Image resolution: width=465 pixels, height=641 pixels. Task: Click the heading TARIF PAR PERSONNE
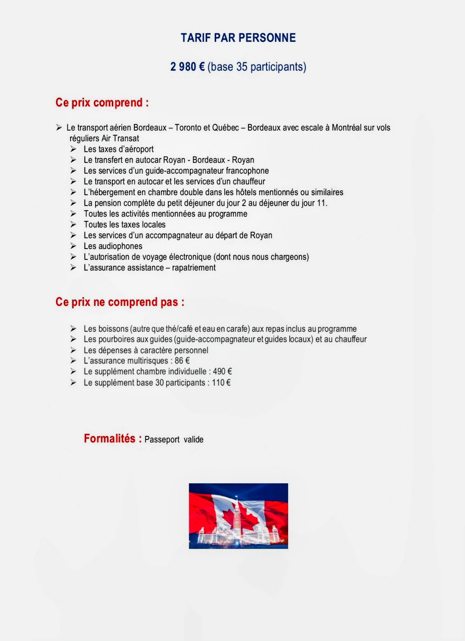(x=238, y=38)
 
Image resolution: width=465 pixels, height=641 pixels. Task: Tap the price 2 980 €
(x=187, y=67)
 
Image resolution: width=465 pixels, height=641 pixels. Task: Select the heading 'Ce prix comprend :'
(x=102, y=103)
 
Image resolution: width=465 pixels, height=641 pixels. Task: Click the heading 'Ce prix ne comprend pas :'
(x=120, y=302)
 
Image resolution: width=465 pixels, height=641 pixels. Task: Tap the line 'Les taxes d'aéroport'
(x=118, y=149)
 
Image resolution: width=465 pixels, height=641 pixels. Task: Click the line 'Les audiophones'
(x=113, y=246)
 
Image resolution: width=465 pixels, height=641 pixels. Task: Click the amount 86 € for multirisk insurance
(x=182, y=361)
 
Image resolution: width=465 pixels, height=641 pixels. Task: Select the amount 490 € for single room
(x=222, y=371)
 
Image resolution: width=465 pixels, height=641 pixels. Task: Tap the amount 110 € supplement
(x=221, y=383)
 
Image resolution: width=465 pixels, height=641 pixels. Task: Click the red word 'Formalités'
(x=109, y=439)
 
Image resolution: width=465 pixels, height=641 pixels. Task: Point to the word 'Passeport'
(x=162, y=439)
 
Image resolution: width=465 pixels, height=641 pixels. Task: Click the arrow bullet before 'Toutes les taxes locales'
(x=74, y=224)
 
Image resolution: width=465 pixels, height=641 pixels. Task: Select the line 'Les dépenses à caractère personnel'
(x=146, y=350)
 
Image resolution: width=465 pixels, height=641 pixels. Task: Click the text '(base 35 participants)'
(x=257, y=67)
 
